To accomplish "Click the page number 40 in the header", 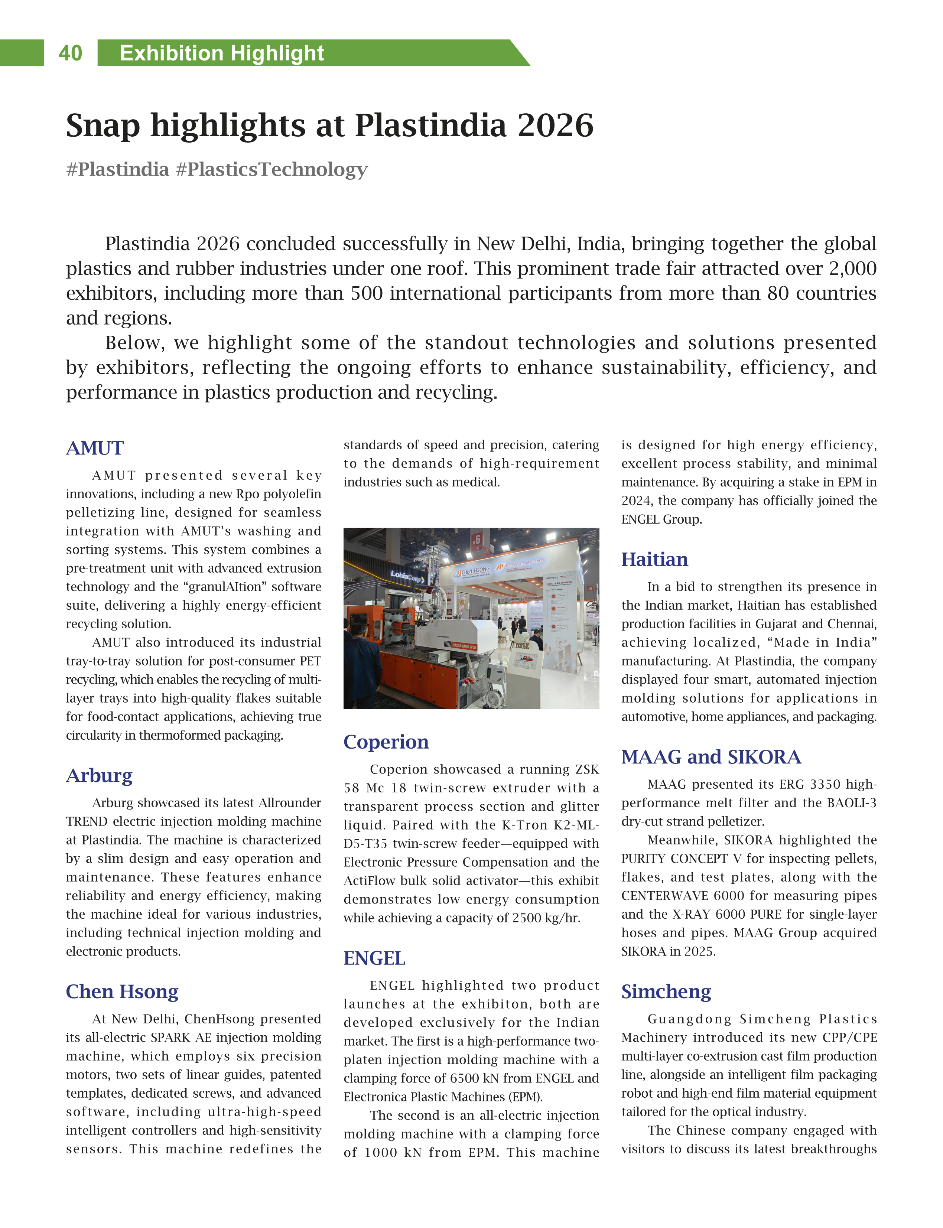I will [70, 53].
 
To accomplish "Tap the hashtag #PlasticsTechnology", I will [271, 169].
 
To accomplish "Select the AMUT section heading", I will [95, 449].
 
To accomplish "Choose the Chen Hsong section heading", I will [122, 992].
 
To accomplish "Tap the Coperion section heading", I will [386, 742].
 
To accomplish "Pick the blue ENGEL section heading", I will [374, 958].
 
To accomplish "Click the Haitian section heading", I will [654, 560].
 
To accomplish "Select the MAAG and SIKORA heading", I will [710, 757].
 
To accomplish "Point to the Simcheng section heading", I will [666, 992].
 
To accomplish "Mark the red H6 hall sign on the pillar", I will [477, 540].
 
